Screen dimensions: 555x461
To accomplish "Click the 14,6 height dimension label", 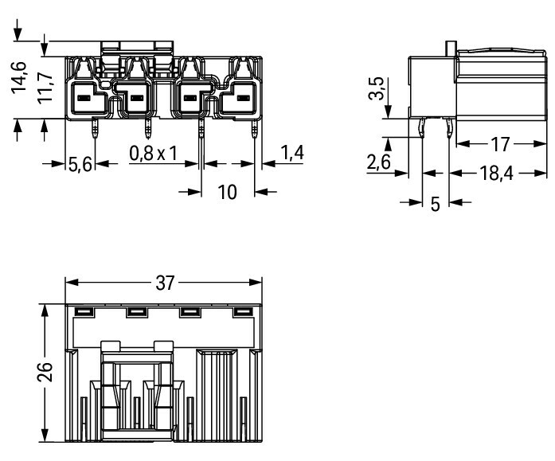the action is pos(19,77).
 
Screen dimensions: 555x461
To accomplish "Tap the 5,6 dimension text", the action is pos(80,165).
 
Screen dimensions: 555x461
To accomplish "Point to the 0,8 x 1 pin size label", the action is pos(153,154).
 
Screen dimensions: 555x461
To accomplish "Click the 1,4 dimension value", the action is pos(292,153).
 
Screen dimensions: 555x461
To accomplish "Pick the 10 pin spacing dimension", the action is pos(227,192).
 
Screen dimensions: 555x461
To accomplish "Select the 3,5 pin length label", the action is pos(376,88).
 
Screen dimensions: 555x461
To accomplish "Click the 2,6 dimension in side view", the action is pos(378,162).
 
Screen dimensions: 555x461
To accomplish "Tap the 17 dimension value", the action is pos(500,144).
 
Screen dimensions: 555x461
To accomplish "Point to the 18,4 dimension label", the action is pos(496,174).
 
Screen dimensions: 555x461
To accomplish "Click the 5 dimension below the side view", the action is pos(435,204).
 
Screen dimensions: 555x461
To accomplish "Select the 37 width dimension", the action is pos(166,283).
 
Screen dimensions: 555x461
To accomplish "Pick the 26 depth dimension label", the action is pos(45,372).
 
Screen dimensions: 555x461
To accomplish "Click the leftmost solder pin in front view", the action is pos(95,128).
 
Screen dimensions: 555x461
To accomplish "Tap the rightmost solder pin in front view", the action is pos(254,128).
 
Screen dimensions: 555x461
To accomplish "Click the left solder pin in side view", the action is pos(421,127).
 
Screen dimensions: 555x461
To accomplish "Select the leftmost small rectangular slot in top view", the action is pos(84,311).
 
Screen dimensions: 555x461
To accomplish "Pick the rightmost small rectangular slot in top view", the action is pos(243,311).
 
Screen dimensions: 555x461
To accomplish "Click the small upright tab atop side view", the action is pos(451,49).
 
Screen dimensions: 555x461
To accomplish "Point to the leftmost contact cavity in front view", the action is pos(88,98).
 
